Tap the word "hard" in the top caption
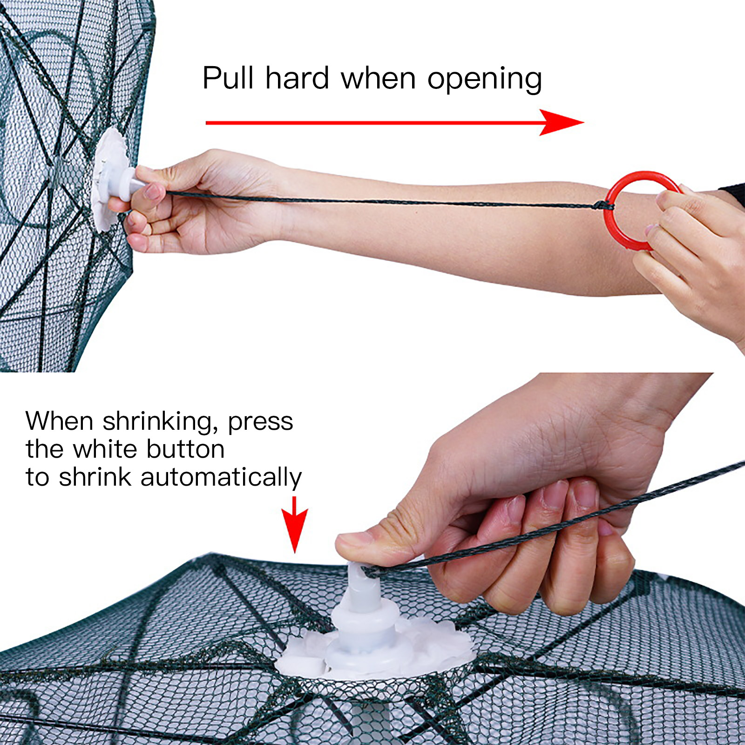(x=297, y=78)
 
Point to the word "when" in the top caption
(x=378, y=78)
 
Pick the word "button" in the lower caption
(x=185, y=449)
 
